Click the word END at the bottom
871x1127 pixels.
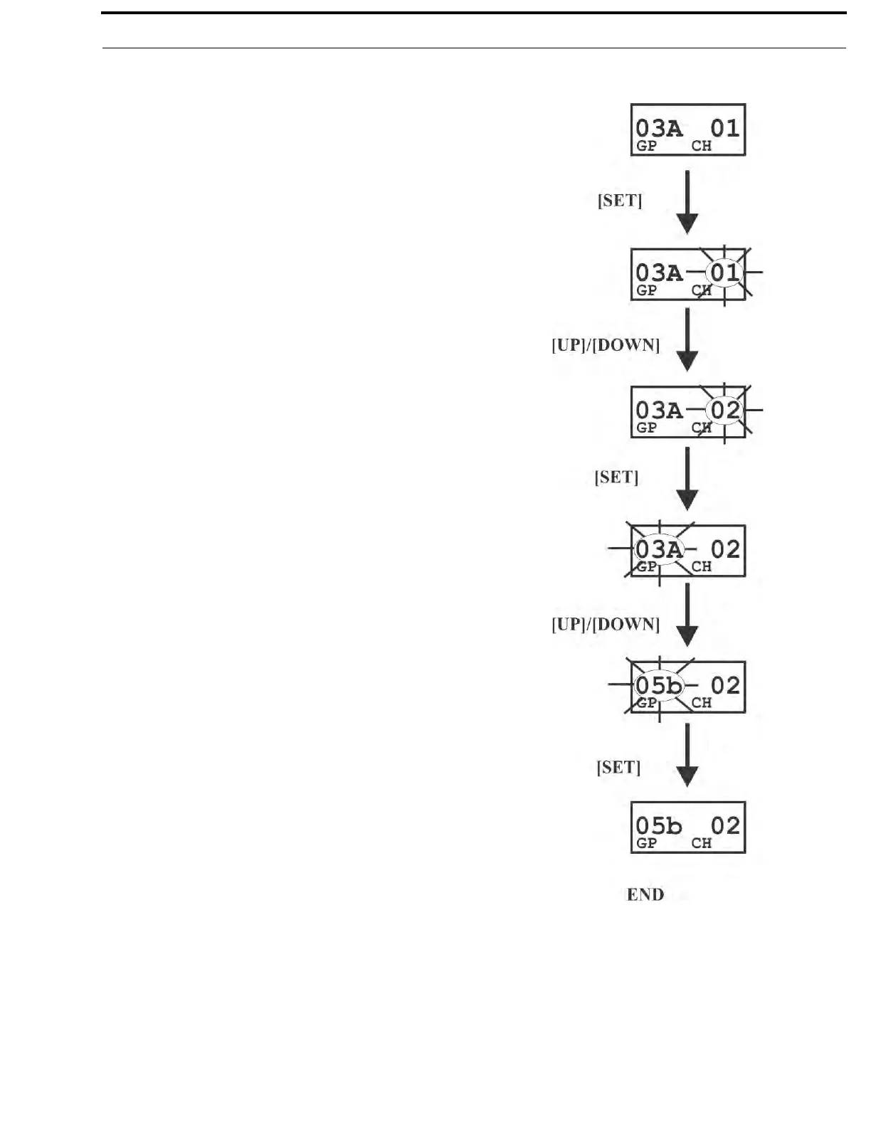point(645,894)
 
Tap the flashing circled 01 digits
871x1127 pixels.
point(724,273)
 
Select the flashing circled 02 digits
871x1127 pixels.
point(725,411)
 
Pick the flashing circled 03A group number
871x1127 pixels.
point(658,549)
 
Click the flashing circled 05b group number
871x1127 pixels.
point(658,686)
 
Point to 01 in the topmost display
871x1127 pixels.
point(725,128)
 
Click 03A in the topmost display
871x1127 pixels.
point(658,128)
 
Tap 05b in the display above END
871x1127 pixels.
point(658,825)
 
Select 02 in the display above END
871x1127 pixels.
point(725,825)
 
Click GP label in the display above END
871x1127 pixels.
point(646,843)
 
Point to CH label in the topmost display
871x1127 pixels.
point(702,146)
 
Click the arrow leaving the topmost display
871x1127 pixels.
point(687,202)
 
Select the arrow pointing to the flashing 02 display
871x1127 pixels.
point(687,339)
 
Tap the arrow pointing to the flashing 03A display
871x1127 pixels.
point(687,478)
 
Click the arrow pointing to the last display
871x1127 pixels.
point(687,755)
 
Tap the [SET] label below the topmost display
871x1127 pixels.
point(620,201)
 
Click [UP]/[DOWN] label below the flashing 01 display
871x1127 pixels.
point(606,345)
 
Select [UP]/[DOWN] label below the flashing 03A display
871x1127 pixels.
point(606,624)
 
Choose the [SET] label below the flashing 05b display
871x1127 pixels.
point(618,767)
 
